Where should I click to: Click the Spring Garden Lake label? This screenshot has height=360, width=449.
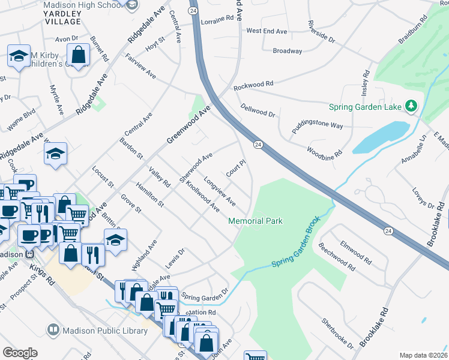tap(365, 107)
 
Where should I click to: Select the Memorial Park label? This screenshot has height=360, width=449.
tap(255, 221)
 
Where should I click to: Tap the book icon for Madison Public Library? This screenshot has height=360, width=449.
tap(53, 331)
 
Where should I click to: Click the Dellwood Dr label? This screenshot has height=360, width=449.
tap(257, 110)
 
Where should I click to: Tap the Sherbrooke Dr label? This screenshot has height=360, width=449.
tap(337, 333)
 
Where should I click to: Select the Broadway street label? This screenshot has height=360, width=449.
tap(288, 51)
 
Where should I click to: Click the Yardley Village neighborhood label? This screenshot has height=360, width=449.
tap(62, 17)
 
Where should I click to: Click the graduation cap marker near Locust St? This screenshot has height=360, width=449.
tap(55, 154)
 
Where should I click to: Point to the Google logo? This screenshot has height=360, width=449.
tap(20, 353)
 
